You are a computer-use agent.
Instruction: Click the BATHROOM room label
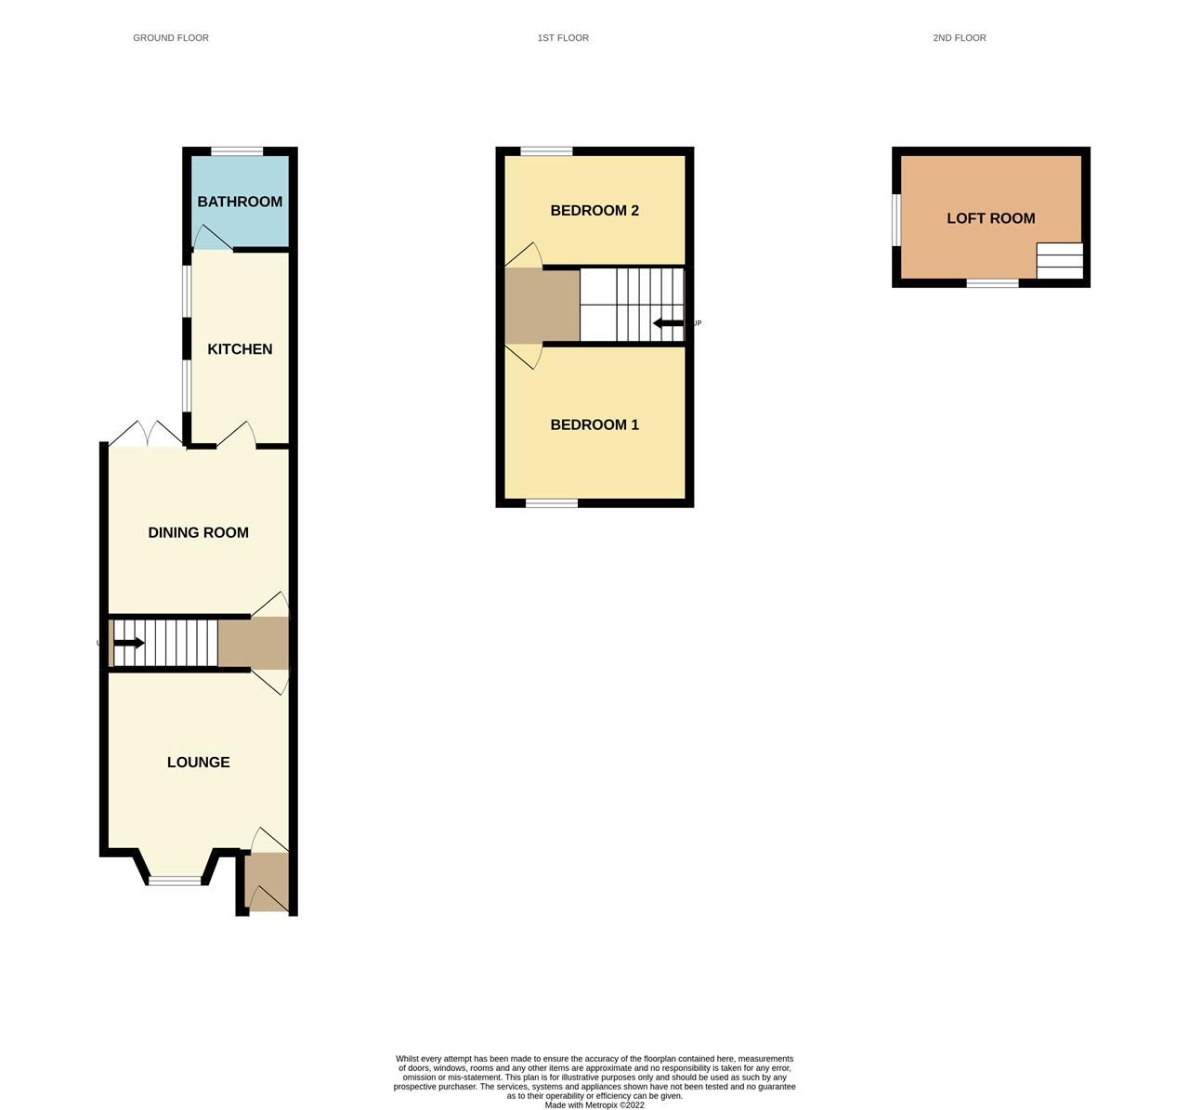pos(240,202)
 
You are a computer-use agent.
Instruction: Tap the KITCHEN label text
pos(240,349)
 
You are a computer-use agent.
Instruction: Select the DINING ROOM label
pos(198,532)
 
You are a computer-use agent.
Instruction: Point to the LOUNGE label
pos(198,762)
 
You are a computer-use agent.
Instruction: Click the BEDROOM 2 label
pos(594,210)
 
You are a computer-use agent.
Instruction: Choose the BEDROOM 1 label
pos(594,424)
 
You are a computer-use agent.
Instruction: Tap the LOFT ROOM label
pos(990,218)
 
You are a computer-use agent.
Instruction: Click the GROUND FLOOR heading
pos(171,38)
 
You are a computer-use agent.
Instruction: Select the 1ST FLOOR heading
pos(563,38)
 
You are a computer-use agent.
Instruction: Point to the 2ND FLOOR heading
pos(960,38)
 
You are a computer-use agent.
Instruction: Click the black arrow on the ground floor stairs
pos(128,643)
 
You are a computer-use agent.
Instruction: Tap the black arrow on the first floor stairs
pos(669,323)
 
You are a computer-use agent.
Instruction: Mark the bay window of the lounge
pos(175,880)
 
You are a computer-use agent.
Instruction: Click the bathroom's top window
pos(237,151)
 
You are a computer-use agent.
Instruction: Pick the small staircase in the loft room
pos(1060,261)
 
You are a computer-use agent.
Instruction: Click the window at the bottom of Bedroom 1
pos(552,503)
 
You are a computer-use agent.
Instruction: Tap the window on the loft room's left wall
pos(896,220)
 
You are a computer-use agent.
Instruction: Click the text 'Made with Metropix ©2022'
pos(594,1104)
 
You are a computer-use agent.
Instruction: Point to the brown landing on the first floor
pos(542,306)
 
